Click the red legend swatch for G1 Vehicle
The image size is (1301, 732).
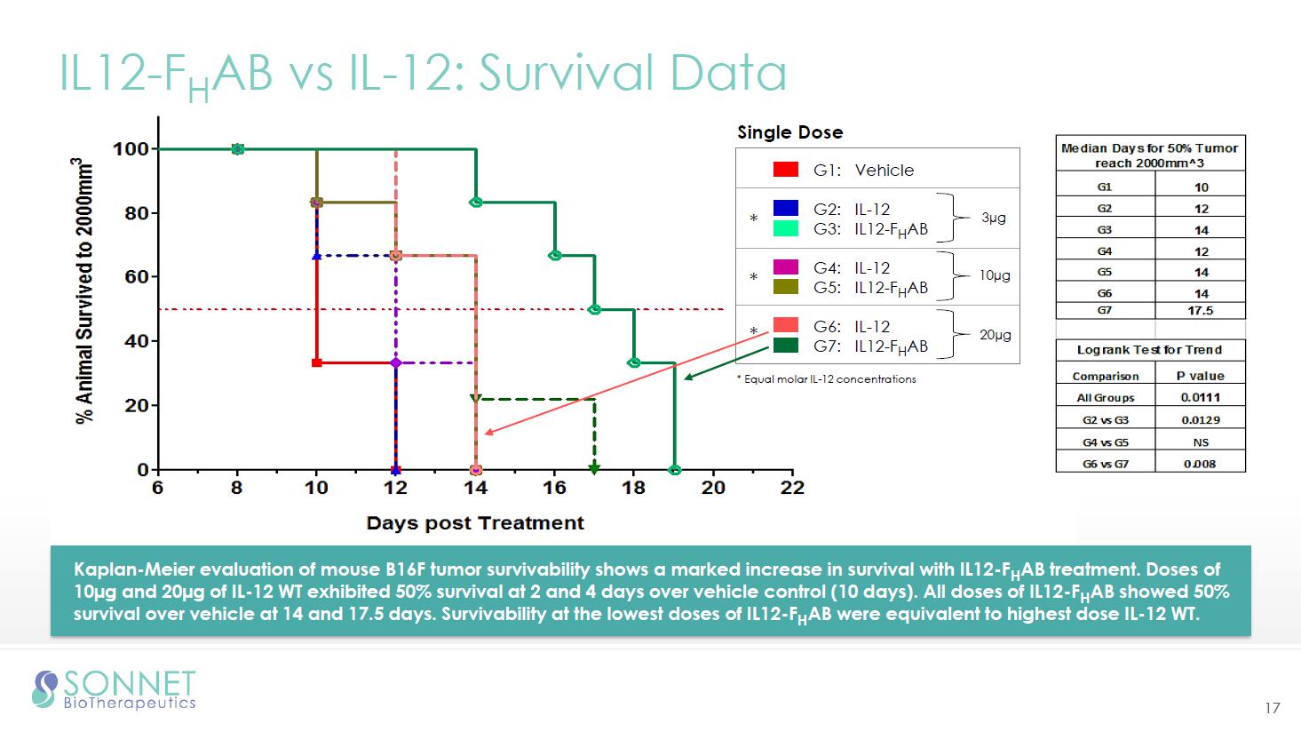(786, 170)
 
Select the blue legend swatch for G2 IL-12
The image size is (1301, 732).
(786, 208)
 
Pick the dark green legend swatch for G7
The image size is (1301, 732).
(786, 346)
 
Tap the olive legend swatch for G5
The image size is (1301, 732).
(786, 287)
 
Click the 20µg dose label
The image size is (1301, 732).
(995, 335)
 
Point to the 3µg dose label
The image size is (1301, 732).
(994, 218)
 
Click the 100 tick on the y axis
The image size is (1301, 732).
(131, 149)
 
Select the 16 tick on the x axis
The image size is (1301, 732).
(554, 488)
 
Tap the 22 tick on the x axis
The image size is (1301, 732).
(792, 488)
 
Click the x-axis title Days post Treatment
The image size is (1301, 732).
(475, 523)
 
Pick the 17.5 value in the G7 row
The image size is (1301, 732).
(1200, 311)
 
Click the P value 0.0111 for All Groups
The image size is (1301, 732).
(1200, 398)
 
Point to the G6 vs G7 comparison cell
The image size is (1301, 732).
(1105, 464)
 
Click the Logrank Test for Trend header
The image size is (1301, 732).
(1149, 350)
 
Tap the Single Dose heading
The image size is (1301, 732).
(789, 132)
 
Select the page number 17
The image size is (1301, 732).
(1273, 708)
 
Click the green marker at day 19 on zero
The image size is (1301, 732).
(675, 469)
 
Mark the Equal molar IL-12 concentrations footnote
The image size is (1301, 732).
(827, 379)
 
